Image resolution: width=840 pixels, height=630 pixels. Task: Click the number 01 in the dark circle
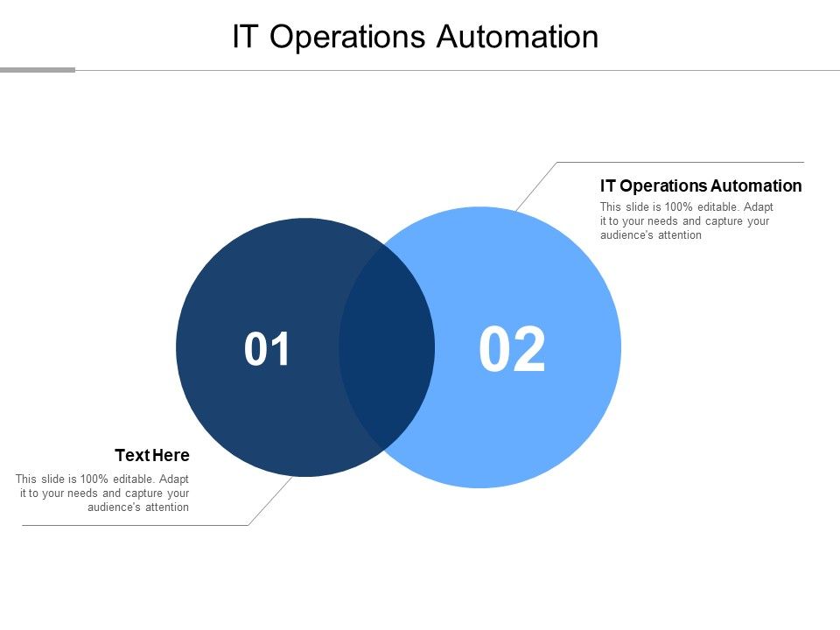tap(268, 350)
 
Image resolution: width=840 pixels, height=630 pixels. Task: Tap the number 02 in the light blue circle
tap(512, 350)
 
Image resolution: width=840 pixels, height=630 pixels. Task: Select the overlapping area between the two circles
tap(386, 347)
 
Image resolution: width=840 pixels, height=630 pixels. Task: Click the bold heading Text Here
tap(152, 456)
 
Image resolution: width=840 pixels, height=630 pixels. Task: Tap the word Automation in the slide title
tap(517, 37)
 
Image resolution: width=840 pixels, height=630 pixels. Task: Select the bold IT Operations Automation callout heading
tap(701, 185)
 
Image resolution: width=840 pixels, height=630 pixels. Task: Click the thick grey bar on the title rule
tap(38, 70)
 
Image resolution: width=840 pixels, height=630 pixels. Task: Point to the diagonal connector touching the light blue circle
tap(536, 186)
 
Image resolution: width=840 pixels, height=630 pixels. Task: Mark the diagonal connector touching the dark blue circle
tap(270, 500)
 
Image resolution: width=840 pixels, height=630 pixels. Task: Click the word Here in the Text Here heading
tap(171, 456)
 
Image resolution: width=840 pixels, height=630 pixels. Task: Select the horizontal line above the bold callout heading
tap(681, 163)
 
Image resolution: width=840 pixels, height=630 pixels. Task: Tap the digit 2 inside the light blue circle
tap(529, 350)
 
